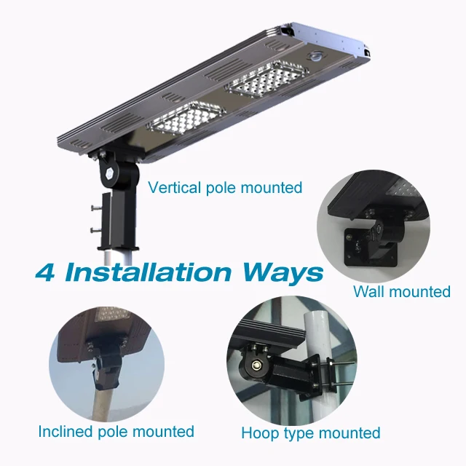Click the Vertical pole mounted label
[x=224, y=188]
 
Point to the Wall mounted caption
[x=401, y=292]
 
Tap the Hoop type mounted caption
[x=310, y=433]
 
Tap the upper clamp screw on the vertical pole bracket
[x=95, y=210]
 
